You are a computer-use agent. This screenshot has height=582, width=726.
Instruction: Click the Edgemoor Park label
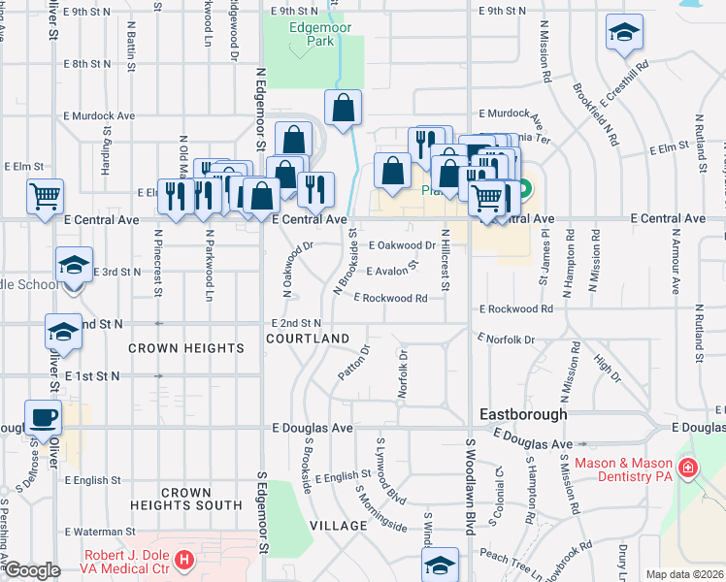313,36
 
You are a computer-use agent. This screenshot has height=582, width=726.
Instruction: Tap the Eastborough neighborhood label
524,414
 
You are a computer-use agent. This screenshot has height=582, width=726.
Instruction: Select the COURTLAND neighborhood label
309,338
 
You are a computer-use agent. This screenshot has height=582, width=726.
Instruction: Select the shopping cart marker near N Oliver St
46,196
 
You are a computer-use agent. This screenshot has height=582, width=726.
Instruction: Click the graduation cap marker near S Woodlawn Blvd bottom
440,565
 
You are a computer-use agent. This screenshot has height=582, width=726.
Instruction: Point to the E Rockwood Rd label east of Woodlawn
515,309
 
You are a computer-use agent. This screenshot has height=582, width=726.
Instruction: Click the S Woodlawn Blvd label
470,484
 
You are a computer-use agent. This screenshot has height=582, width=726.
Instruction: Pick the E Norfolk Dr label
506,339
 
